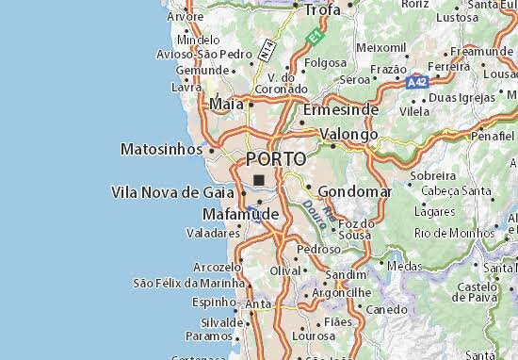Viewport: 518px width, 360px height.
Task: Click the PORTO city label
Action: click(275, 158)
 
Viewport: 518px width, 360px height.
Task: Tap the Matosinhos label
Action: click(161, 149)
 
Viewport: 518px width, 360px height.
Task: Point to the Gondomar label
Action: click(355, 191)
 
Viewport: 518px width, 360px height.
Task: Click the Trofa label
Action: click(321, 9)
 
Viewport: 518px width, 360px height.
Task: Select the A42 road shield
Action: click(417, 83)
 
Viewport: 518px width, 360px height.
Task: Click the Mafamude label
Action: click(240, 215)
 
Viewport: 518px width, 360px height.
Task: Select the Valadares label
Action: click(211, 232)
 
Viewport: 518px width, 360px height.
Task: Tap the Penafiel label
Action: click(494, 137)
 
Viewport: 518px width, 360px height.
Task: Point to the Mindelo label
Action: click(198, 41)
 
